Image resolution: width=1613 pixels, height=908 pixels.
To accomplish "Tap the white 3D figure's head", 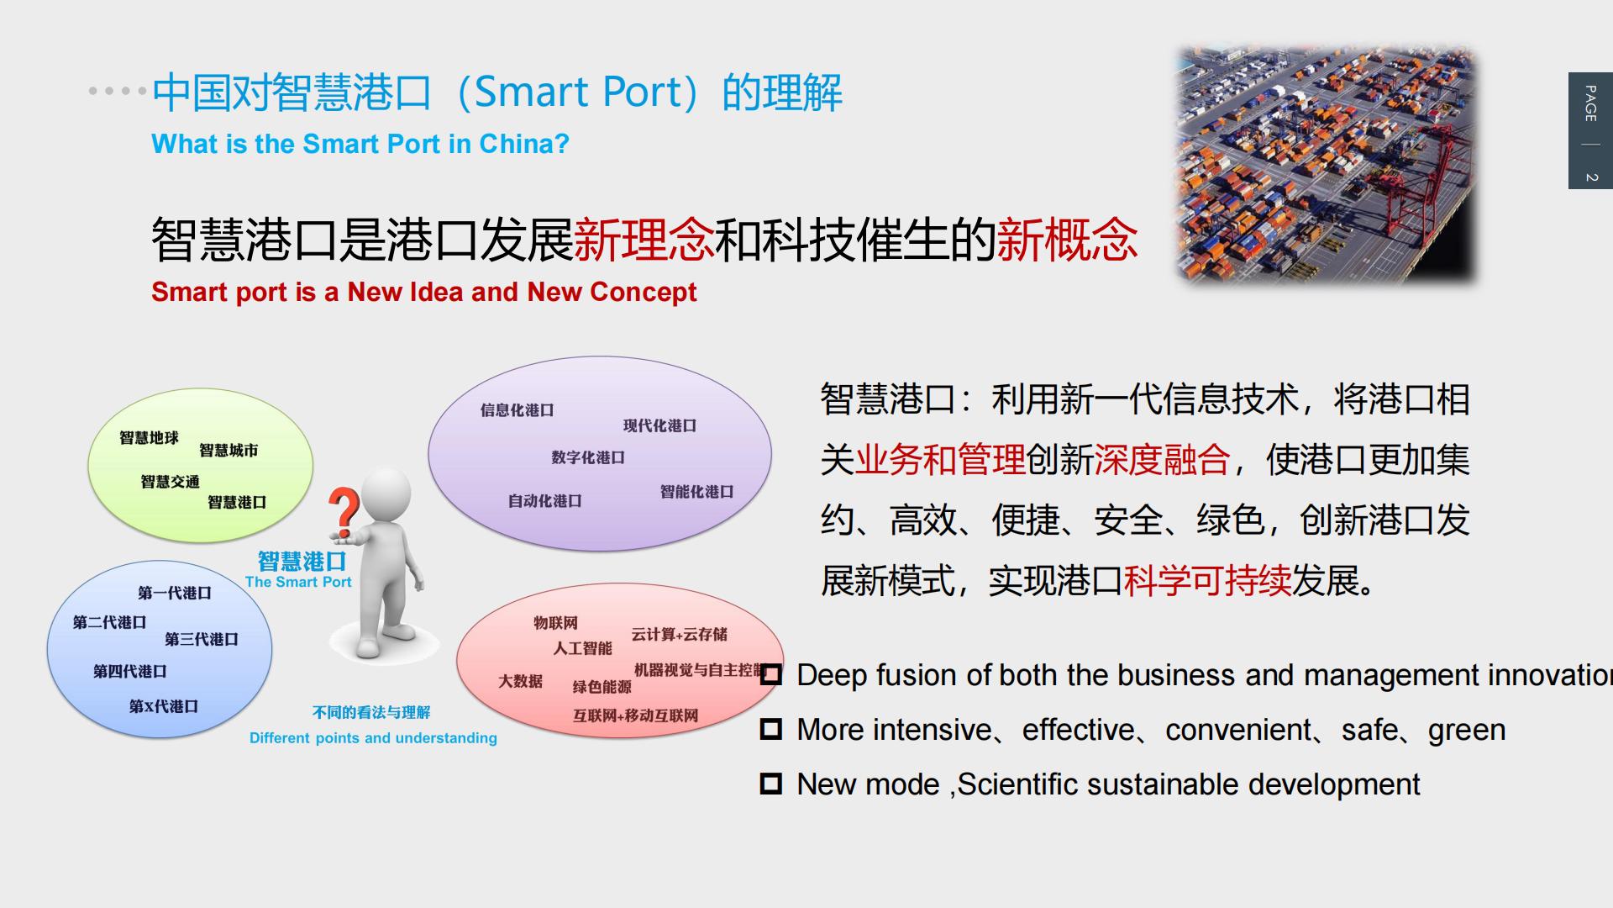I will pos(387,494).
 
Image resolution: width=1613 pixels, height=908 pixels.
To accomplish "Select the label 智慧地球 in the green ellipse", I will pos(149,438).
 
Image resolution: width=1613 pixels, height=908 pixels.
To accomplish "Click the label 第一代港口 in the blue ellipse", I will pos(175,593).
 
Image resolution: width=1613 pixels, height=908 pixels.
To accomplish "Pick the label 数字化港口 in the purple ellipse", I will pos(588,457).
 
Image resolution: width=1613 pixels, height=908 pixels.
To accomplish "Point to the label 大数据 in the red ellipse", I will pos(520,681).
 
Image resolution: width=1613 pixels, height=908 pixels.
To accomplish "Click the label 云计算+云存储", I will pos(679,634).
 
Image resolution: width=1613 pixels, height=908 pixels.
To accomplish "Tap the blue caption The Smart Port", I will pos(298,582).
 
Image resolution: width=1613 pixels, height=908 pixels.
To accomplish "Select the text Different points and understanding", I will pos(373,738).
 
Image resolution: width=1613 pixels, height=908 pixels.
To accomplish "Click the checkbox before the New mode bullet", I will pos(770,784).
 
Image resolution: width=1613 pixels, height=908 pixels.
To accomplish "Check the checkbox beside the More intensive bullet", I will pos(770,729).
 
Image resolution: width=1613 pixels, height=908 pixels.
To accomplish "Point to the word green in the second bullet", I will pos(1466,730).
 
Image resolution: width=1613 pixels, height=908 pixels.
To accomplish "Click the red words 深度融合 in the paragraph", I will pos(1162,460).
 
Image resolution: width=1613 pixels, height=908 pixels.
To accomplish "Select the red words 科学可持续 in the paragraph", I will pos(1207,581).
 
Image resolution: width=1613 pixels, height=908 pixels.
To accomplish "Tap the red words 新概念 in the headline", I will pos(1067,240).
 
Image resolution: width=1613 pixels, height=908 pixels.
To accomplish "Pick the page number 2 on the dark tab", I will pos(1590,177).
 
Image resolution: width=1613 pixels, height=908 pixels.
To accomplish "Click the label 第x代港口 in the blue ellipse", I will pos(164,706).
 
